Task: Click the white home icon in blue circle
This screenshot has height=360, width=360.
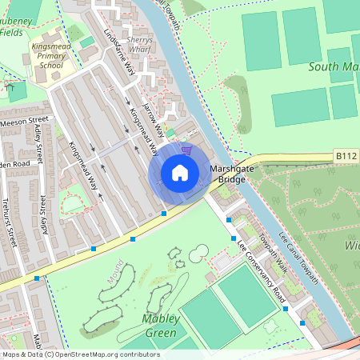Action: [180, 173]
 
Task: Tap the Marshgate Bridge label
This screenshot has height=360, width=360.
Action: [232, 174]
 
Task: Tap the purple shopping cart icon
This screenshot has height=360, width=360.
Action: [187, 149]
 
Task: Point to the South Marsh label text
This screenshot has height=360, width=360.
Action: [332, 66]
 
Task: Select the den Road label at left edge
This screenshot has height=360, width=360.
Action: [14, 164]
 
